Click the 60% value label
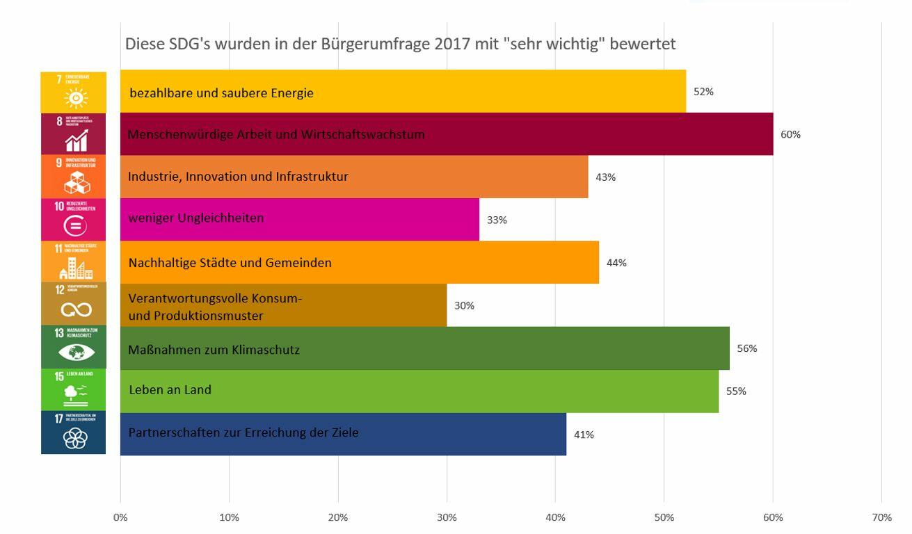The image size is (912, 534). point(790,134)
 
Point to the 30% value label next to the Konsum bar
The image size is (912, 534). point(464,305)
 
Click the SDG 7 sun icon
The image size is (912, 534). point(74,97)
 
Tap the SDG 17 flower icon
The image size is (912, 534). point(74,439)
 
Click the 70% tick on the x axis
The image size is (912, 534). point(881,517)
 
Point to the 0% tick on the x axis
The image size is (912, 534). point(120,517)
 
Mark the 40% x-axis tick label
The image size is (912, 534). point(555,517)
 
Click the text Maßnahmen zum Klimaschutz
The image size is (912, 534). point(214,350)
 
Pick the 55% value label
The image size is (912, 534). point(736,391)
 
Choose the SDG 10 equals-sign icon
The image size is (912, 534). point(74,225)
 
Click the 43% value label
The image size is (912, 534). point(605,177)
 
